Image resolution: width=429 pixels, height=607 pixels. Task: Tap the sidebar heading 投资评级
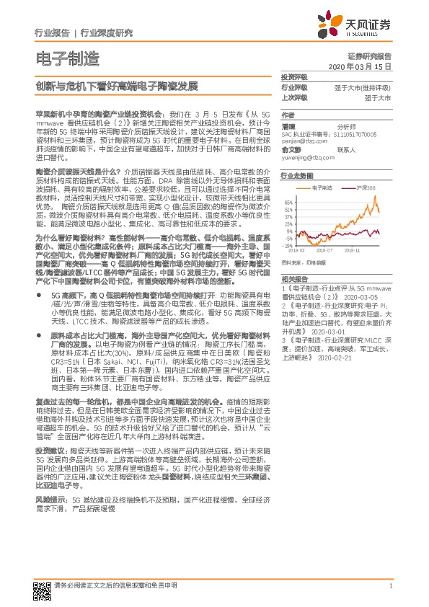pyautogui.click(x=293, y=76)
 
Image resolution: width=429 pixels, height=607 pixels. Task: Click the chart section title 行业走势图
pyautogui.click(x=296, y=175)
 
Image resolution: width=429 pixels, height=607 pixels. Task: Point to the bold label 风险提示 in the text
pyautogui.click(x=48, y=478)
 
